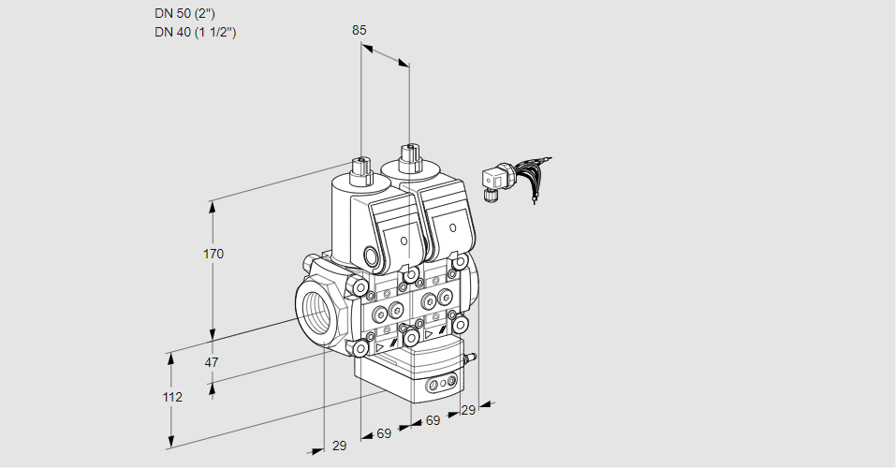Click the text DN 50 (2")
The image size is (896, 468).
(x=187, y=14)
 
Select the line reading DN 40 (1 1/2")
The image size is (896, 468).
(x=196, y=32)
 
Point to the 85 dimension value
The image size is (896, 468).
(x=359, y=30)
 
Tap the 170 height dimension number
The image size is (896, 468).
(x=213, y=254)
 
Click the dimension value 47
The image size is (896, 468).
(x=212, y=362)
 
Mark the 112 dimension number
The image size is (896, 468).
(x=171, y=397)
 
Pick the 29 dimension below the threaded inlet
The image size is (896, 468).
(x=339, y=446)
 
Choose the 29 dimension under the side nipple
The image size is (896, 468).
(x=468, y=409)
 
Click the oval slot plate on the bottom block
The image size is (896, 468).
(x=441, y=385)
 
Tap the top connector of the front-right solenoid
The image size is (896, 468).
(x=409, y=155)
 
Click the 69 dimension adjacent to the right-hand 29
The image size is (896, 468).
(x=433, y=421)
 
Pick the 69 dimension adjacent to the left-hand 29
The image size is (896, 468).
(x=383, y=433)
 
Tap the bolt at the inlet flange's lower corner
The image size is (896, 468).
(x=360, y=348)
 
